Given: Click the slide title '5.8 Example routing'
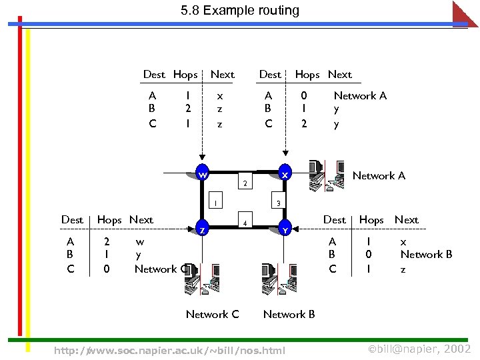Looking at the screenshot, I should (239, 11).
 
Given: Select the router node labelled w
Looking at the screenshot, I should (201, 174).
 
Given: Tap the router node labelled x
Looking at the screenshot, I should (285, 174).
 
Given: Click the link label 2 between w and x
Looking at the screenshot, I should (245, 183).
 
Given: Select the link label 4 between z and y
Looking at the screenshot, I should (245, 223).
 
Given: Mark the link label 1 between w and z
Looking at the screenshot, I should (214, 203).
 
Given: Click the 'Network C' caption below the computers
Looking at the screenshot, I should (212, 314).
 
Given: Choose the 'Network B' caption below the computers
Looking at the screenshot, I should (289, 314).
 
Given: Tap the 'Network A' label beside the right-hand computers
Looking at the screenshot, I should (379, 175).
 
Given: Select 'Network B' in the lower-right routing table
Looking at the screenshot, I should (426, 254).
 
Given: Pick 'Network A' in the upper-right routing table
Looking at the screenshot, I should (360, 95).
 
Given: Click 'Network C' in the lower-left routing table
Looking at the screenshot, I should (160, 269).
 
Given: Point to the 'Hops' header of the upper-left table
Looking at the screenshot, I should (185, 74).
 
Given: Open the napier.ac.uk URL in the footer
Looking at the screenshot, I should (169, 350).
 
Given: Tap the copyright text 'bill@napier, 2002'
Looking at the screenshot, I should (419, 349).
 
